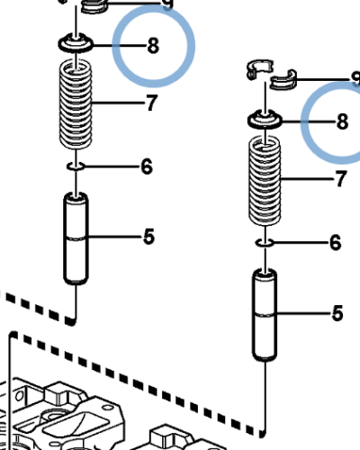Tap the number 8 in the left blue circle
click(x=153, y=45)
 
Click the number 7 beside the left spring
click(x=151, y=103)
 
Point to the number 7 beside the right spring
click(x=340, y=180)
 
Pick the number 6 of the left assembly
click(x=146, y=166)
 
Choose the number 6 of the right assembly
click(x=335, y=243)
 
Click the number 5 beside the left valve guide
click(x=148, y=237)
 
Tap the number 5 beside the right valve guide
click(x=337, y=313)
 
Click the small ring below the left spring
click(x=76, y=166)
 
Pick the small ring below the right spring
click(x=265, y=242)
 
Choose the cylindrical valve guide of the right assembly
click(x=265, y=315)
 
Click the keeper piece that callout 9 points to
click(x=94, y=7)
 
